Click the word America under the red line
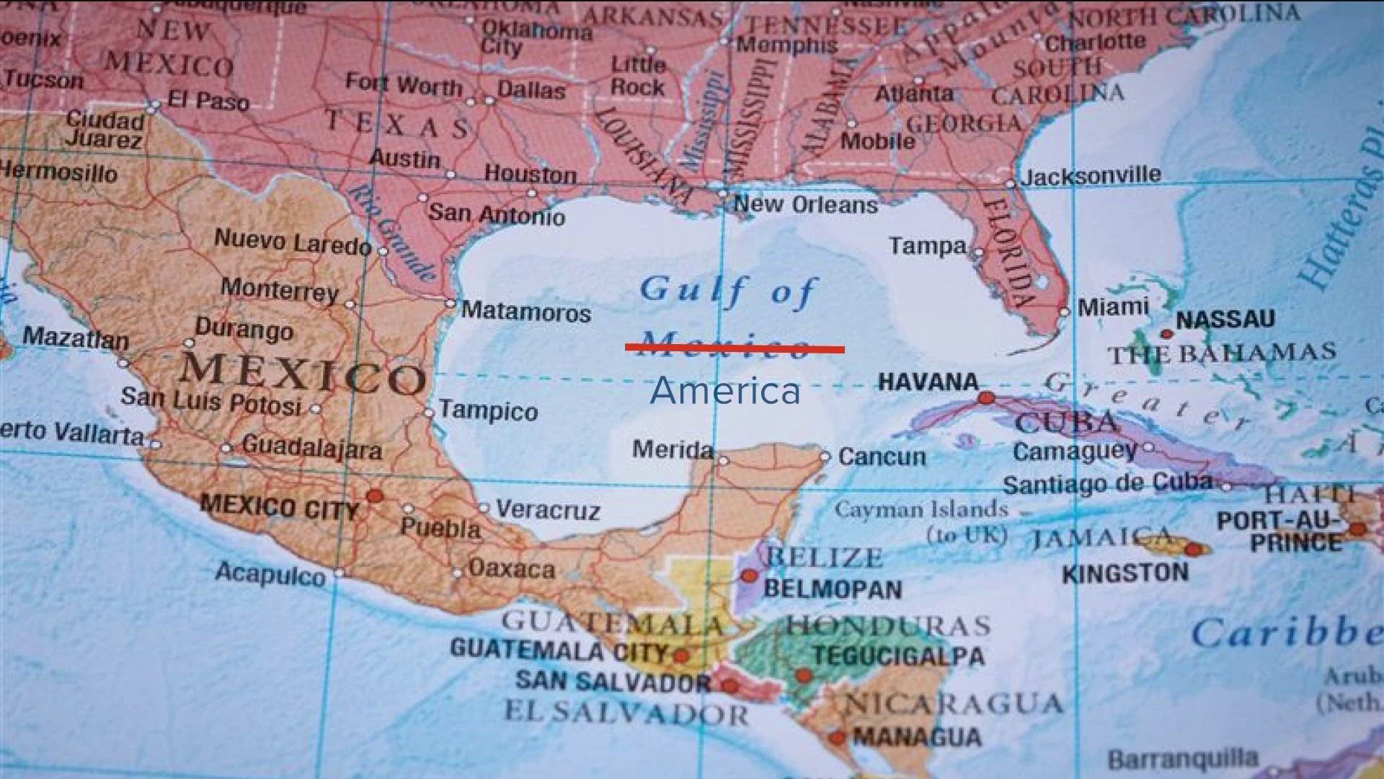tap(725, 391)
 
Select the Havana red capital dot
tap(986, 397)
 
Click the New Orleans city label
tap(806, 205)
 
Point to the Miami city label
tap(1113, 307)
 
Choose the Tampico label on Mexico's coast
tap(489, 411)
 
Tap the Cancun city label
tap(882, 457)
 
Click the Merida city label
tap(673, 450)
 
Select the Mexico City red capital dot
tap(374, 496)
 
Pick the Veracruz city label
tap(548, 510)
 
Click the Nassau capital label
tap(1225, 319)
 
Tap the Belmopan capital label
tap(833, 589)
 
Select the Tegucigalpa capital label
tap(898, 656)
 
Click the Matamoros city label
tap(526, 312)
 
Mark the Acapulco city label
tap(270, 574)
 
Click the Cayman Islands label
tap(921, 510)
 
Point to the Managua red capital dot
tap(837, 737)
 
